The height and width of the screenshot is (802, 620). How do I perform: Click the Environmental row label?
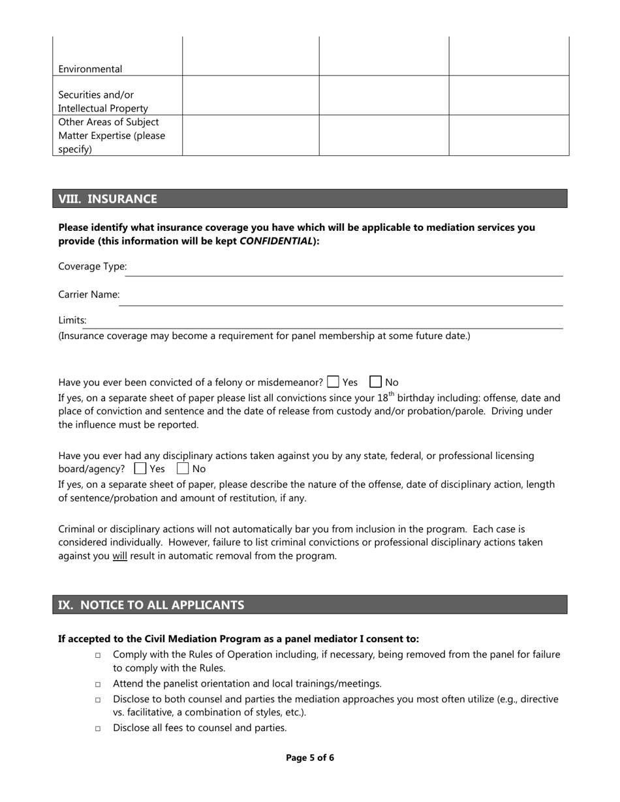click(x=90, y=69)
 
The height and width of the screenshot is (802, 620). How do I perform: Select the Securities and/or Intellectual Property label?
click(x=103, y=102)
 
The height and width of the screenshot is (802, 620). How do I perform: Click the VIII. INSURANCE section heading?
click(x=108, y=199)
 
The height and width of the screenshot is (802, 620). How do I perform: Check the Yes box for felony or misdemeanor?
click(x=333, y=382)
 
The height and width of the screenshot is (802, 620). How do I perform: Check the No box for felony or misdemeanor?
click(x=376, y=382)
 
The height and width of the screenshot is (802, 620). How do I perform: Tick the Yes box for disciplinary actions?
click(x=140, y=469)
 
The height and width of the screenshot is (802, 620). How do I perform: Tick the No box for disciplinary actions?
click(x=183, y=469)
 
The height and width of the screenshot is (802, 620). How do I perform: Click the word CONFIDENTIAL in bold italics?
click(x=276, y=241)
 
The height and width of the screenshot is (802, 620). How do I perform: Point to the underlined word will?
click(x=119, y=556)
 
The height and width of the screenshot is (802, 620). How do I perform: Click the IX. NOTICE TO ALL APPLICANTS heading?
click(x=151, y=605)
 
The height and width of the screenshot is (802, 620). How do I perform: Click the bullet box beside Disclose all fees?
click(x=98, y=728)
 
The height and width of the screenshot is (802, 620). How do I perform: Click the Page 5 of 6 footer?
click(x=310, y=758)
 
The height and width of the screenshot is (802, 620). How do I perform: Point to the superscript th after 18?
click(x=392, y=393)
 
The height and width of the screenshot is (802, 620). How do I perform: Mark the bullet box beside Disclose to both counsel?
click(x=98, y=700)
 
